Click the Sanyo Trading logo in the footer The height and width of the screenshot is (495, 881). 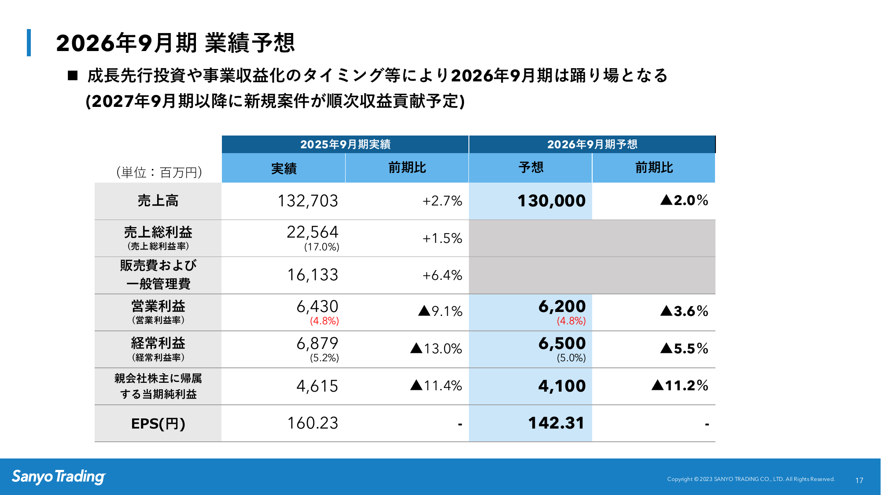coord(59,477)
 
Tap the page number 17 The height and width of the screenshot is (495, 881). coord(859,480)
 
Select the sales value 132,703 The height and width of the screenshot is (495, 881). coord(308,201)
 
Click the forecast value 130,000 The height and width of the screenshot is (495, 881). coord(551,201)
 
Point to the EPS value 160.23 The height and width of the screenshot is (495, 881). coord(313,423)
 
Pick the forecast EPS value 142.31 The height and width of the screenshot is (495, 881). coord(556,423)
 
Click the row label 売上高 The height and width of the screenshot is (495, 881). coord(158,201)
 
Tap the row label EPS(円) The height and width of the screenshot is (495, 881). coord(158,424)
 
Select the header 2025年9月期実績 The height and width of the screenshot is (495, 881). coord(345,144)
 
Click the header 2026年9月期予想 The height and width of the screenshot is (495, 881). coord(592,144)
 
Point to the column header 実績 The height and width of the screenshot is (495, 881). coord(284,168)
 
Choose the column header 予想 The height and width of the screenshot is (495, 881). coord(531,168)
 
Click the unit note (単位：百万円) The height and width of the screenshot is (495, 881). coord(159,172)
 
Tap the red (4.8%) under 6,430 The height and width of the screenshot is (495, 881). coord(324,321)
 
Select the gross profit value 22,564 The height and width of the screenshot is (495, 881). coord(313,232)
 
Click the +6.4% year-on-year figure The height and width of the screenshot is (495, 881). coord(442,275)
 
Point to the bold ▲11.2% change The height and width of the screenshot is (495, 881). coord(680,385)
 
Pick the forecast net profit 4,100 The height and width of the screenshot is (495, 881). coord(562,386)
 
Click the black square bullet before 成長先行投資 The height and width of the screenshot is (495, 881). coord(73,76)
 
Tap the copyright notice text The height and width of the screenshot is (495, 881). coord(751,479)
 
